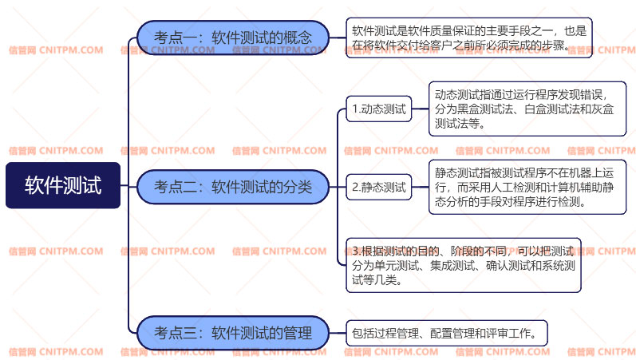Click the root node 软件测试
[x=63, y=186]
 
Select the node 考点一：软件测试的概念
[x=232, y=38]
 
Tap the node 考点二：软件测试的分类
[x=232, y=187]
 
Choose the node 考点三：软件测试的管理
[x=232, y=333]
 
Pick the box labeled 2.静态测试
[x=379, y=188]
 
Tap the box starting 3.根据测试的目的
[x=463, y=265]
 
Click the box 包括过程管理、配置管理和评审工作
[x=447, y=333]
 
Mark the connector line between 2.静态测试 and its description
[x=420, y=188]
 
